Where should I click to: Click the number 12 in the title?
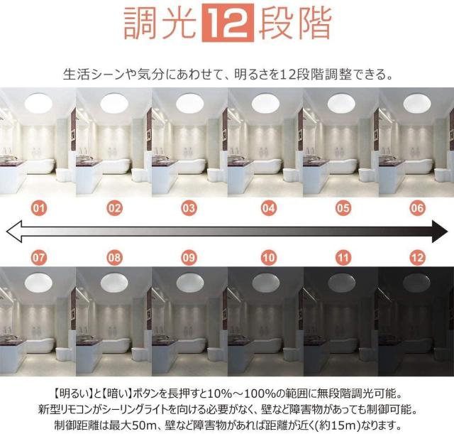(228, 23)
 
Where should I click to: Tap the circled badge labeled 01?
(39, 208)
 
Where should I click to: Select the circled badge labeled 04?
(268, 208)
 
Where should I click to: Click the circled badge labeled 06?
(417, 208)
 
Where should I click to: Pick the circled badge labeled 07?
(39, 257)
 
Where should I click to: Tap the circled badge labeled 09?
(189, 257)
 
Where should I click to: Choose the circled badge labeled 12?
(417, 257)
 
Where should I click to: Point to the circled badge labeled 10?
(268, 257)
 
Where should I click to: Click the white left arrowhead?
(14, 231)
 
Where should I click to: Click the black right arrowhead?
(440, 231)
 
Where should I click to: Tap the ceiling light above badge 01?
(38, 103)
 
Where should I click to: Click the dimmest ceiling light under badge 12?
(416, 281)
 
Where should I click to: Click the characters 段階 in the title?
(295, 23)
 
